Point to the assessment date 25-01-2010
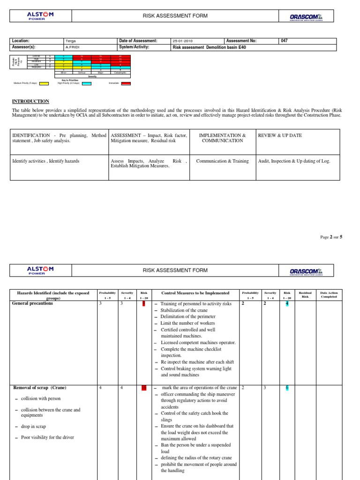pyautogui.click(x=183, y=41)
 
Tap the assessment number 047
pyautogui.click(x=284, y=41)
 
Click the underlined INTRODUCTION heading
pyautogui.click(x=30, y=101)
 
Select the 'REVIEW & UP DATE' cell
pyautogui.click(x=280, y=135)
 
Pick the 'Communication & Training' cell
pyautogui.click(x=222, y=161)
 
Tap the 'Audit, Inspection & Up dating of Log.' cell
pyautogui.click(x=294, y=161)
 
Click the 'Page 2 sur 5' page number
pyautogui.click(x=331, y=237)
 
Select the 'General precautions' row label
pyautogui.click(x=32, y=303)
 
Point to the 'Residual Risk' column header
pyautogui.click(x=305, y=295)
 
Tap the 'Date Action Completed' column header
pyautogui.click(x=329, y=295)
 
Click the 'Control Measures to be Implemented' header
pyautogui.click(x=195, y=293)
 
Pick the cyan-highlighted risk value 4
pyautogui.click(x=287, y=304)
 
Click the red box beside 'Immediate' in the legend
pyautogui.click(x=126, y=84)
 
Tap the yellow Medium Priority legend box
pyautogui.click(x=44, y=84)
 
